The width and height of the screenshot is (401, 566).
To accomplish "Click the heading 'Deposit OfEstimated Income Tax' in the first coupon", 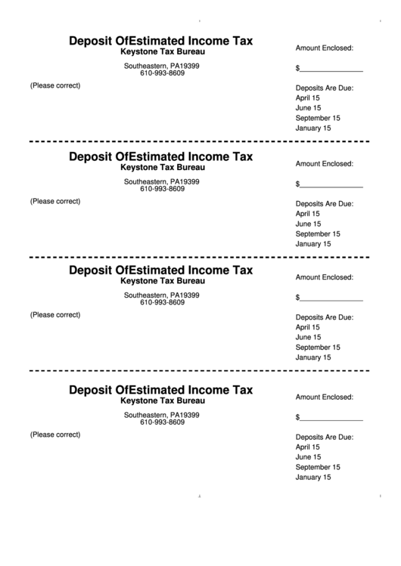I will (x=160, y=41).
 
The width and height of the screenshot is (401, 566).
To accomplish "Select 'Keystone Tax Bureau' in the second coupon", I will (x=162, y=168).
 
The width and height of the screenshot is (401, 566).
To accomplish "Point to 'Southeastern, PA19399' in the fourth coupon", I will (x=162, y=415).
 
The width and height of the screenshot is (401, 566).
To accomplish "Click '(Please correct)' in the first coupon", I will (x=55, y=85).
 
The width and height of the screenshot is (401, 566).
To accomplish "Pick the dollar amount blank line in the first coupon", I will (x=331, y=70).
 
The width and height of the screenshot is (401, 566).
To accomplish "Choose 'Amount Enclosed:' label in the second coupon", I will (x=325, y=164).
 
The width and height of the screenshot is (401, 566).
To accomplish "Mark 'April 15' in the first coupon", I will (x=308, y=98).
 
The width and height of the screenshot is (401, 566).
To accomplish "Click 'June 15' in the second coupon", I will (x=308, y=224).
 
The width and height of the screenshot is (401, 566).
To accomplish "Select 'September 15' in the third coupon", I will (x=318, y=348).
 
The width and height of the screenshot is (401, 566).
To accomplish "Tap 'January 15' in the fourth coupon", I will (x=313, y=477).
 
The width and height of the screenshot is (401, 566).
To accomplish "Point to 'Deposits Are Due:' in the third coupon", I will (x=325, y=317).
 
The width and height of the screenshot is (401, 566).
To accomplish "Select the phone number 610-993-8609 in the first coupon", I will (x=162, y=73).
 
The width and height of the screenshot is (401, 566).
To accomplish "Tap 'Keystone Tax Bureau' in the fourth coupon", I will (x=162, y=401).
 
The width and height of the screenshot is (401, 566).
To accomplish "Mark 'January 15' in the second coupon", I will (x=313, y=244).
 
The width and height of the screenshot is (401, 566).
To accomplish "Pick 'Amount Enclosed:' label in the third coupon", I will (x=325, y=277).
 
